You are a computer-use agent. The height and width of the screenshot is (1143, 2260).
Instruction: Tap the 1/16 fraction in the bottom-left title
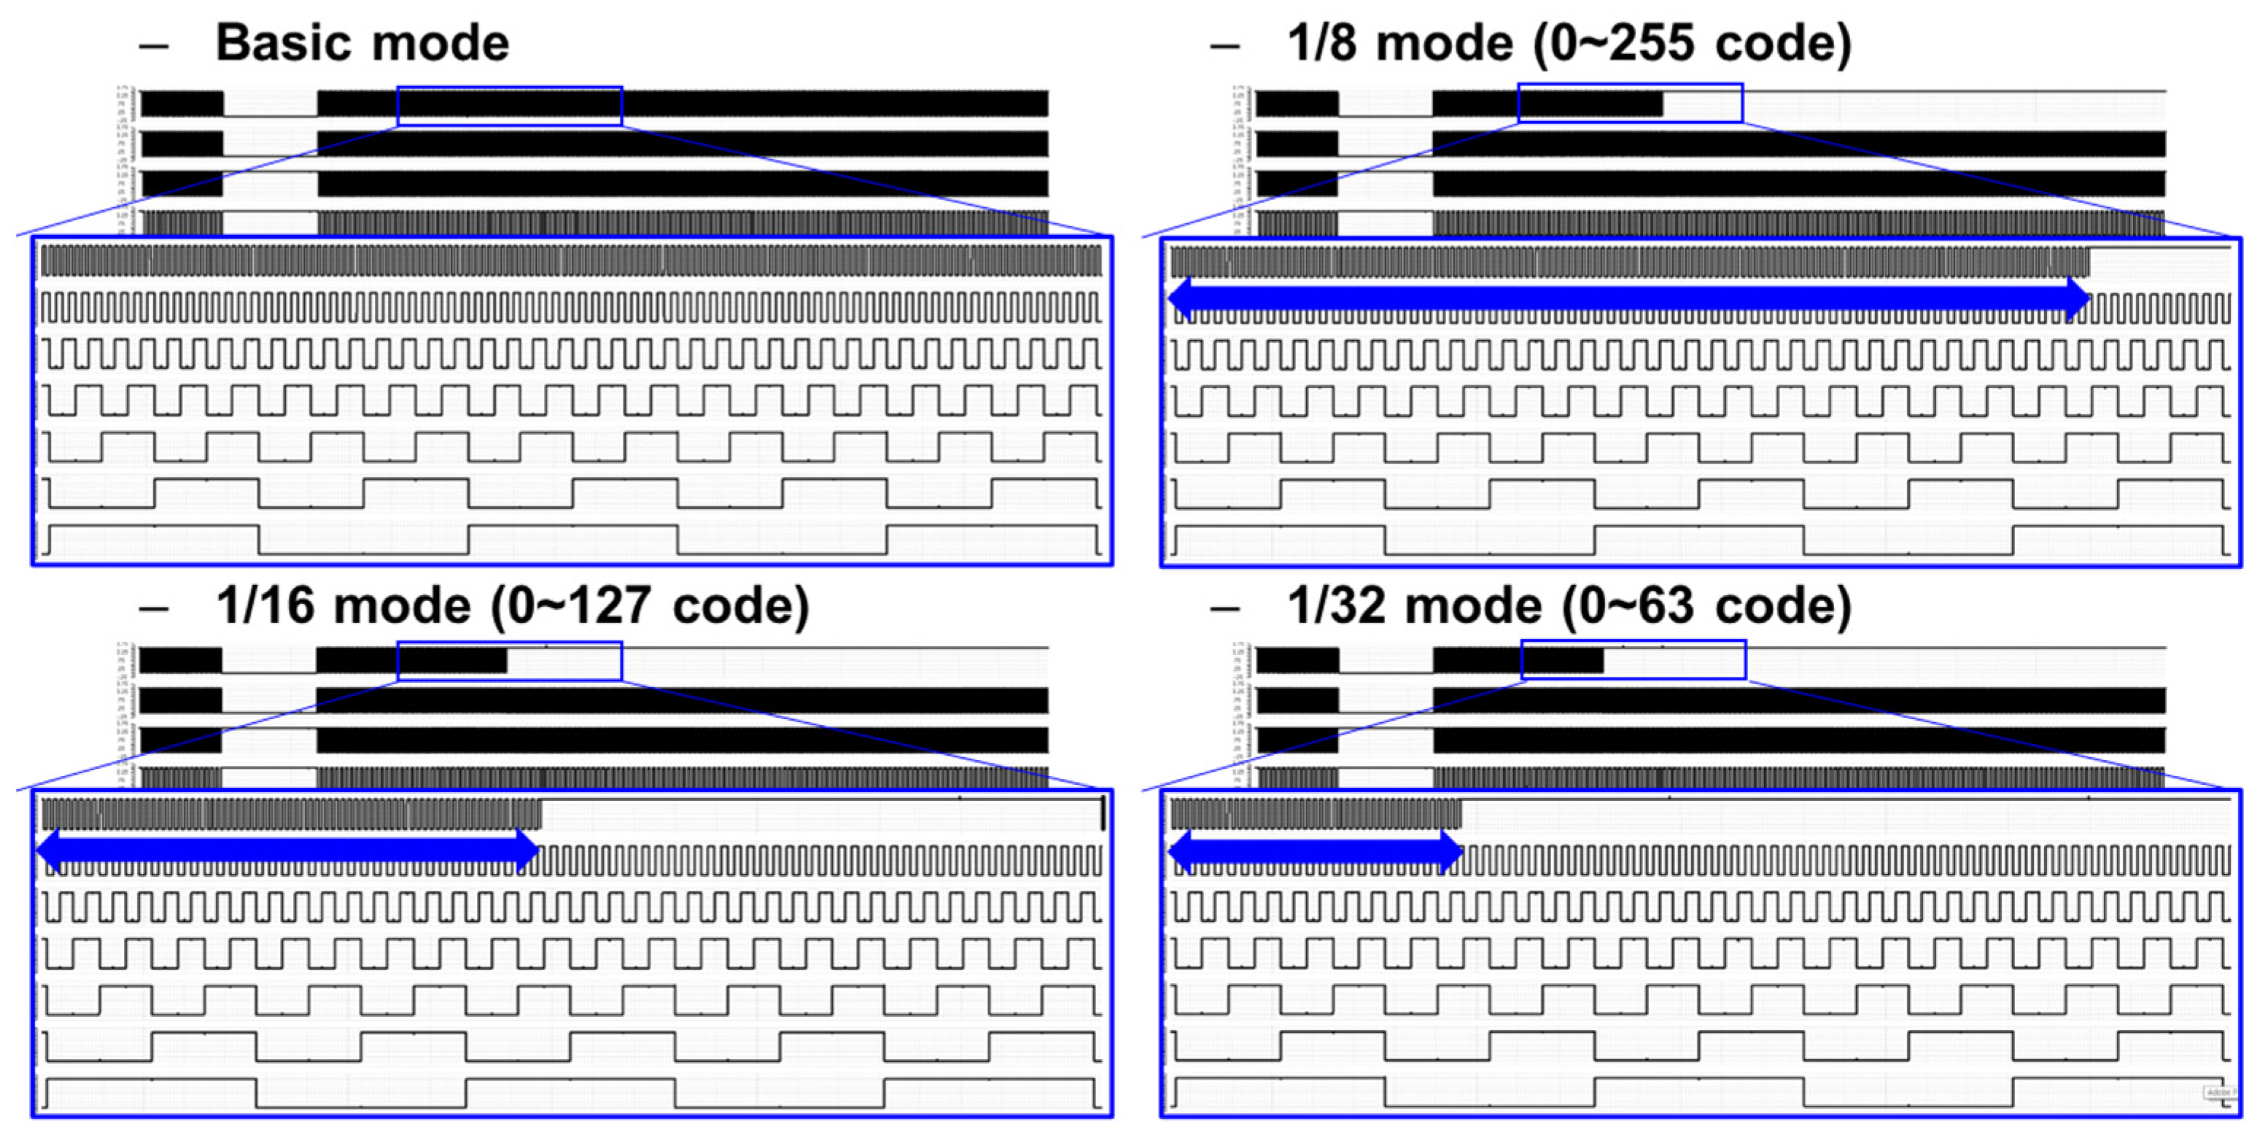[264, 605]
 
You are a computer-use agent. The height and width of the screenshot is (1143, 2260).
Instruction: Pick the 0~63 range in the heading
[1628, 605]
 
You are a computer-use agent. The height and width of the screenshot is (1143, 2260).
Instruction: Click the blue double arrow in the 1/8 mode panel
[1628, 299]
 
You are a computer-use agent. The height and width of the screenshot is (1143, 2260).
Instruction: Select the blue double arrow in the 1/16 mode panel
[287, 849]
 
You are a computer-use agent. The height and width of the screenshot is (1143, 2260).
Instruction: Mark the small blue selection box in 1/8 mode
[1630, 104]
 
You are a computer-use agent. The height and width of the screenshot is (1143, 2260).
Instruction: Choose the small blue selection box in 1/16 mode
[510, 662]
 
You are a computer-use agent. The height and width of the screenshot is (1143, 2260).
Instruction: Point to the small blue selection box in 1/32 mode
[1633, 659]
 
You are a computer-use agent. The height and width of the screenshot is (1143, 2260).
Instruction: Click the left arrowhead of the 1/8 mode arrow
[1181, 299]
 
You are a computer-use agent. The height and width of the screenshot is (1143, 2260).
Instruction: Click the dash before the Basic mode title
[154, 44]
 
